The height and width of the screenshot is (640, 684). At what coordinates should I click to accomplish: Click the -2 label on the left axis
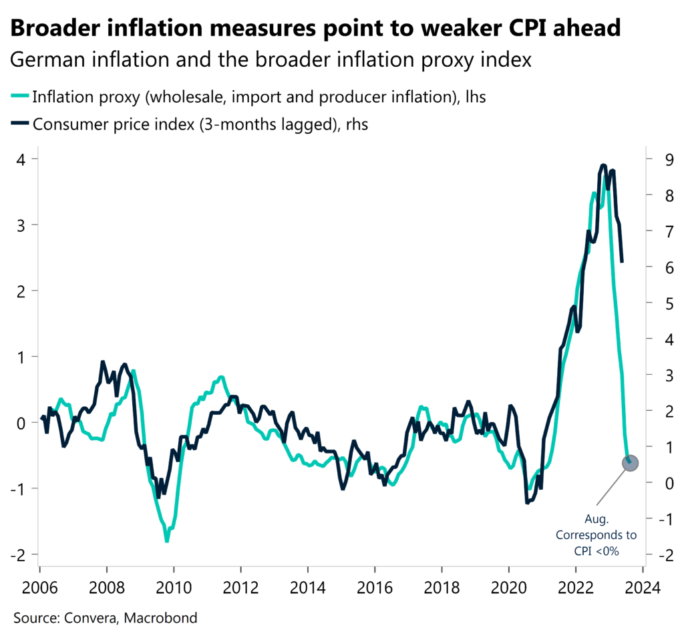19,554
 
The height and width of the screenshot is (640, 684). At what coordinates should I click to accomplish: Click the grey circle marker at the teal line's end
631,462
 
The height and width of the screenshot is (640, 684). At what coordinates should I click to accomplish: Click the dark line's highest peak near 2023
603,165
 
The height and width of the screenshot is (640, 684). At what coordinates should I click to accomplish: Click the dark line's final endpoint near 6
622,261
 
